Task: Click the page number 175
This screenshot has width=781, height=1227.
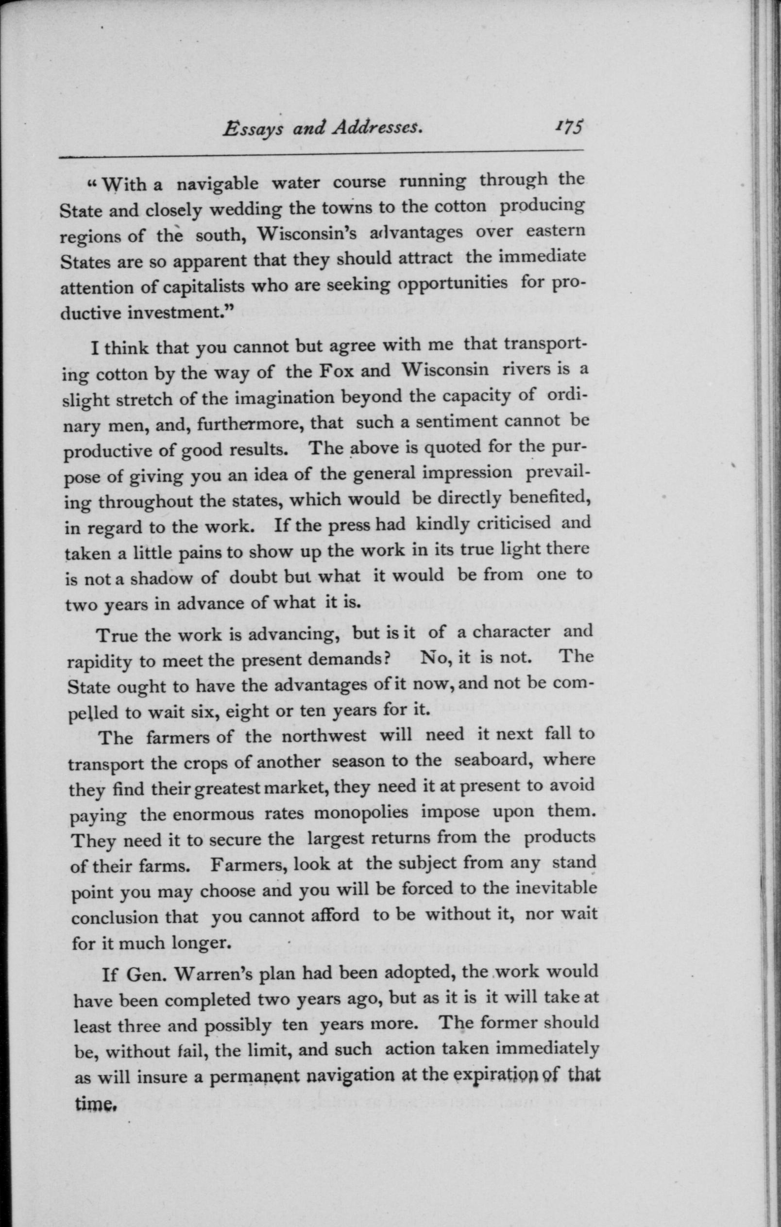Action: click(569, 127)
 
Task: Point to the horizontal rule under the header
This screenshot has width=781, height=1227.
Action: click(321, 154)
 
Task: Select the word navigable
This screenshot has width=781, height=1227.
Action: click(218, 183)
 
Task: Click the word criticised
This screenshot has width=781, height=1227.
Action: click(515, 523)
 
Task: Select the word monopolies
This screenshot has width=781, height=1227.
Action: click(361, 812)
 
